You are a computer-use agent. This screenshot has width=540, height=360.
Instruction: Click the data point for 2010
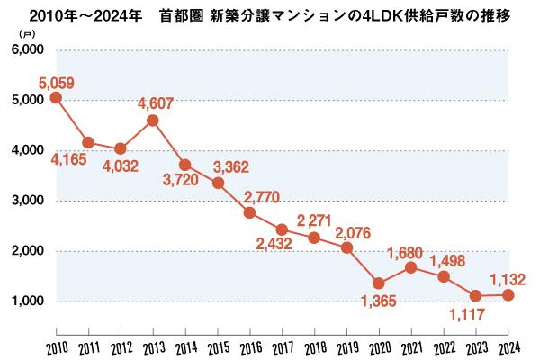click(56, 97)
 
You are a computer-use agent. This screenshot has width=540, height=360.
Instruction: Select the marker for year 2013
click(153, 120)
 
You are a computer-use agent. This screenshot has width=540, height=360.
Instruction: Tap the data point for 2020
click(379, 283)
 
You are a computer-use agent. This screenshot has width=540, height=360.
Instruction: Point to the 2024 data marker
click(508, 294)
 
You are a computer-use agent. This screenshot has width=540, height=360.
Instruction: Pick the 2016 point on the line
click(249, 212)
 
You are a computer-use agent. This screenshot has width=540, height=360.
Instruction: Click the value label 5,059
click(56, 83)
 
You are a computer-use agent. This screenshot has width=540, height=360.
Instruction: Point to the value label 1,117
click(471, 315)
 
